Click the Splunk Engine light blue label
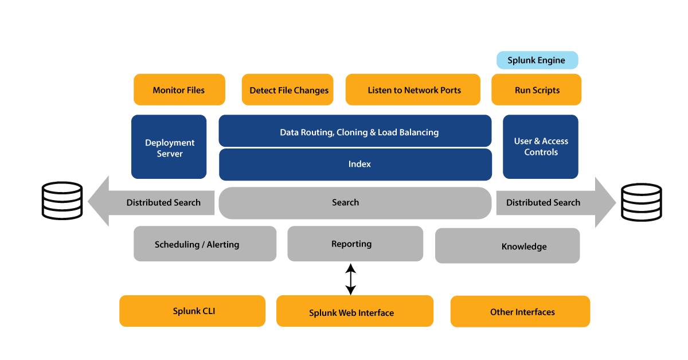pyautogui.click(x=536, y=60)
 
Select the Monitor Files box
pyautogui.click(x=179, y=90)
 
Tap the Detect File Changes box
pyautogui.click(x=288, y=90)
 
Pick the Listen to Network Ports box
pyautogui.click(x=413, y=90)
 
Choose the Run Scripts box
pyautogui.click(x=537, y=90)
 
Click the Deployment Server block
pyautogui.click(x=169, y=147)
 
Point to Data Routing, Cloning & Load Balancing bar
pyautogui.click(x=355, y=132)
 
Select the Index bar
pyautogui.click(x=355, y=165)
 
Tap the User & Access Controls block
pyautogui.click(x=541, y=147)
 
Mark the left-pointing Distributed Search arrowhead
pyautogui.click(x=99, y=202)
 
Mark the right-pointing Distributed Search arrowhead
pyautogui.click(x=605, y=202)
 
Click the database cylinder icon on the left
pyautogui.click(x=62, y=201)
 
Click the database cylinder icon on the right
pyautogui.click(x=642, y=202)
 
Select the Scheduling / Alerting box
pyautogui.click(x=205, y=244)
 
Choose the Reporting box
pyautogui.click(x=355, y=244)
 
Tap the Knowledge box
pyautogui.click(x=507, y=246)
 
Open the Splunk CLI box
pyautogui.click(x=192, y=311)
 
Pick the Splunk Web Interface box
pyautogui.click(x=354, y=312)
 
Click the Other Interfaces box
pyautogui.click(x=519, y=312)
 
